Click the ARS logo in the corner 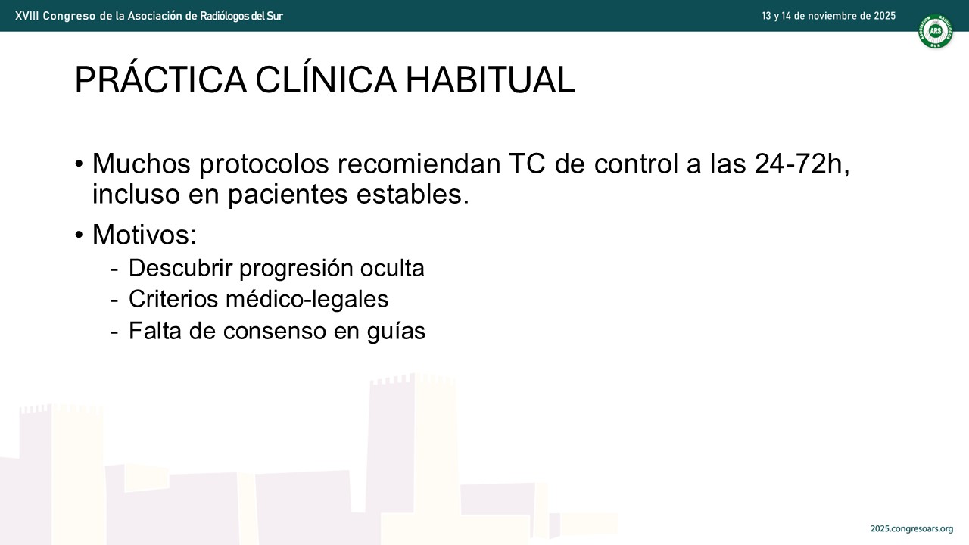(x=935, y=31)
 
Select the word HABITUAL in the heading (x=491, y=80)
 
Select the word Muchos (x=142, y=163)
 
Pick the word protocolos (x=264, y=165)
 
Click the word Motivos (x=145, y=235)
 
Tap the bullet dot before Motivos (x=79, y=235)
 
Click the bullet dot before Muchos (x=79, y=164)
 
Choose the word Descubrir (x=181, y=268)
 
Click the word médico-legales (x=307, y=299)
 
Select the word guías (x=396, y=332)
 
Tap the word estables (x=413, y=195)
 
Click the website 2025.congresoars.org (x=912, y=529)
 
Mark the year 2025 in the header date (x=885, y=16)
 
